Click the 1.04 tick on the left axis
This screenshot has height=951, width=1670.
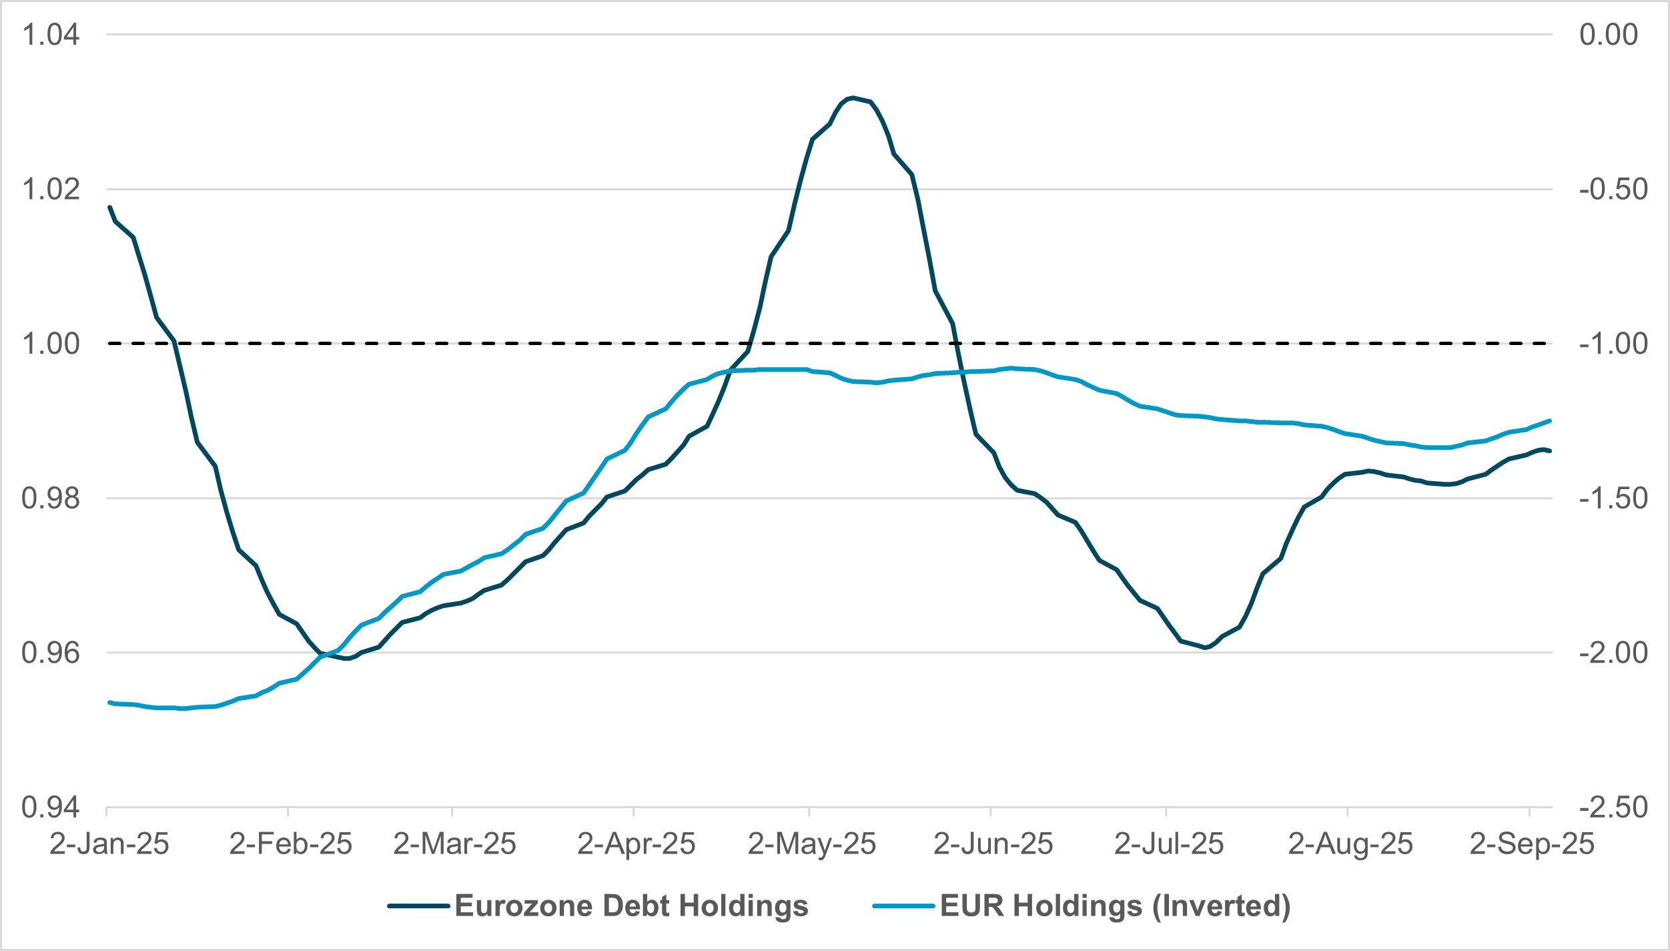coord(51,35)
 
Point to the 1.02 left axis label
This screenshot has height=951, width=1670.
coord(51,190)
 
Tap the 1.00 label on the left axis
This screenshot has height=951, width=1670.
coord(51,344)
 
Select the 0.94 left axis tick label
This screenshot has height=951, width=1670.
coord(51,808)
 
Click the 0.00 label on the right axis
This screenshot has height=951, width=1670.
coord(1608,35)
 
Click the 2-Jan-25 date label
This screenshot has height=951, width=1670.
coord(109,844)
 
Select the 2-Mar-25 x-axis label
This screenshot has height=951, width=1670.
coord(454,844)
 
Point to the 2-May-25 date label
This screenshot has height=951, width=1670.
coord(811,844)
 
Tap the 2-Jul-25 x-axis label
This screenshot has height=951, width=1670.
coord(1169,844)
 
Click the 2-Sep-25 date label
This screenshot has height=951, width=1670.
coord(1532,844)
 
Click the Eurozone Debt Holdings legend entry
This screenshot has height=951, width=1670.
coord(631,906)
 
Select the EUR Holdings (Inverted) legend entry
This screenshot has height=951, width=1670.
coord(1114,906)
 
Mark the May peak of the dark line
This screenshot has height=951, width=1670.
coord(853,98)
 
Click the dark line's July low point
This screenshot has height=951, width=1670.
coord(1206,647)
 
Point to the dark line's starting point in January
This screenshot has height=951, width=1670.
coord(109,207)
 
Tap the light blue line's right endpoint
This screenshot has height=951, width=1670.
coord(1549,420)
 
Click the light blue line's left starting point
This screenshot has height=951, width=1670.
coord(109,702)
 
